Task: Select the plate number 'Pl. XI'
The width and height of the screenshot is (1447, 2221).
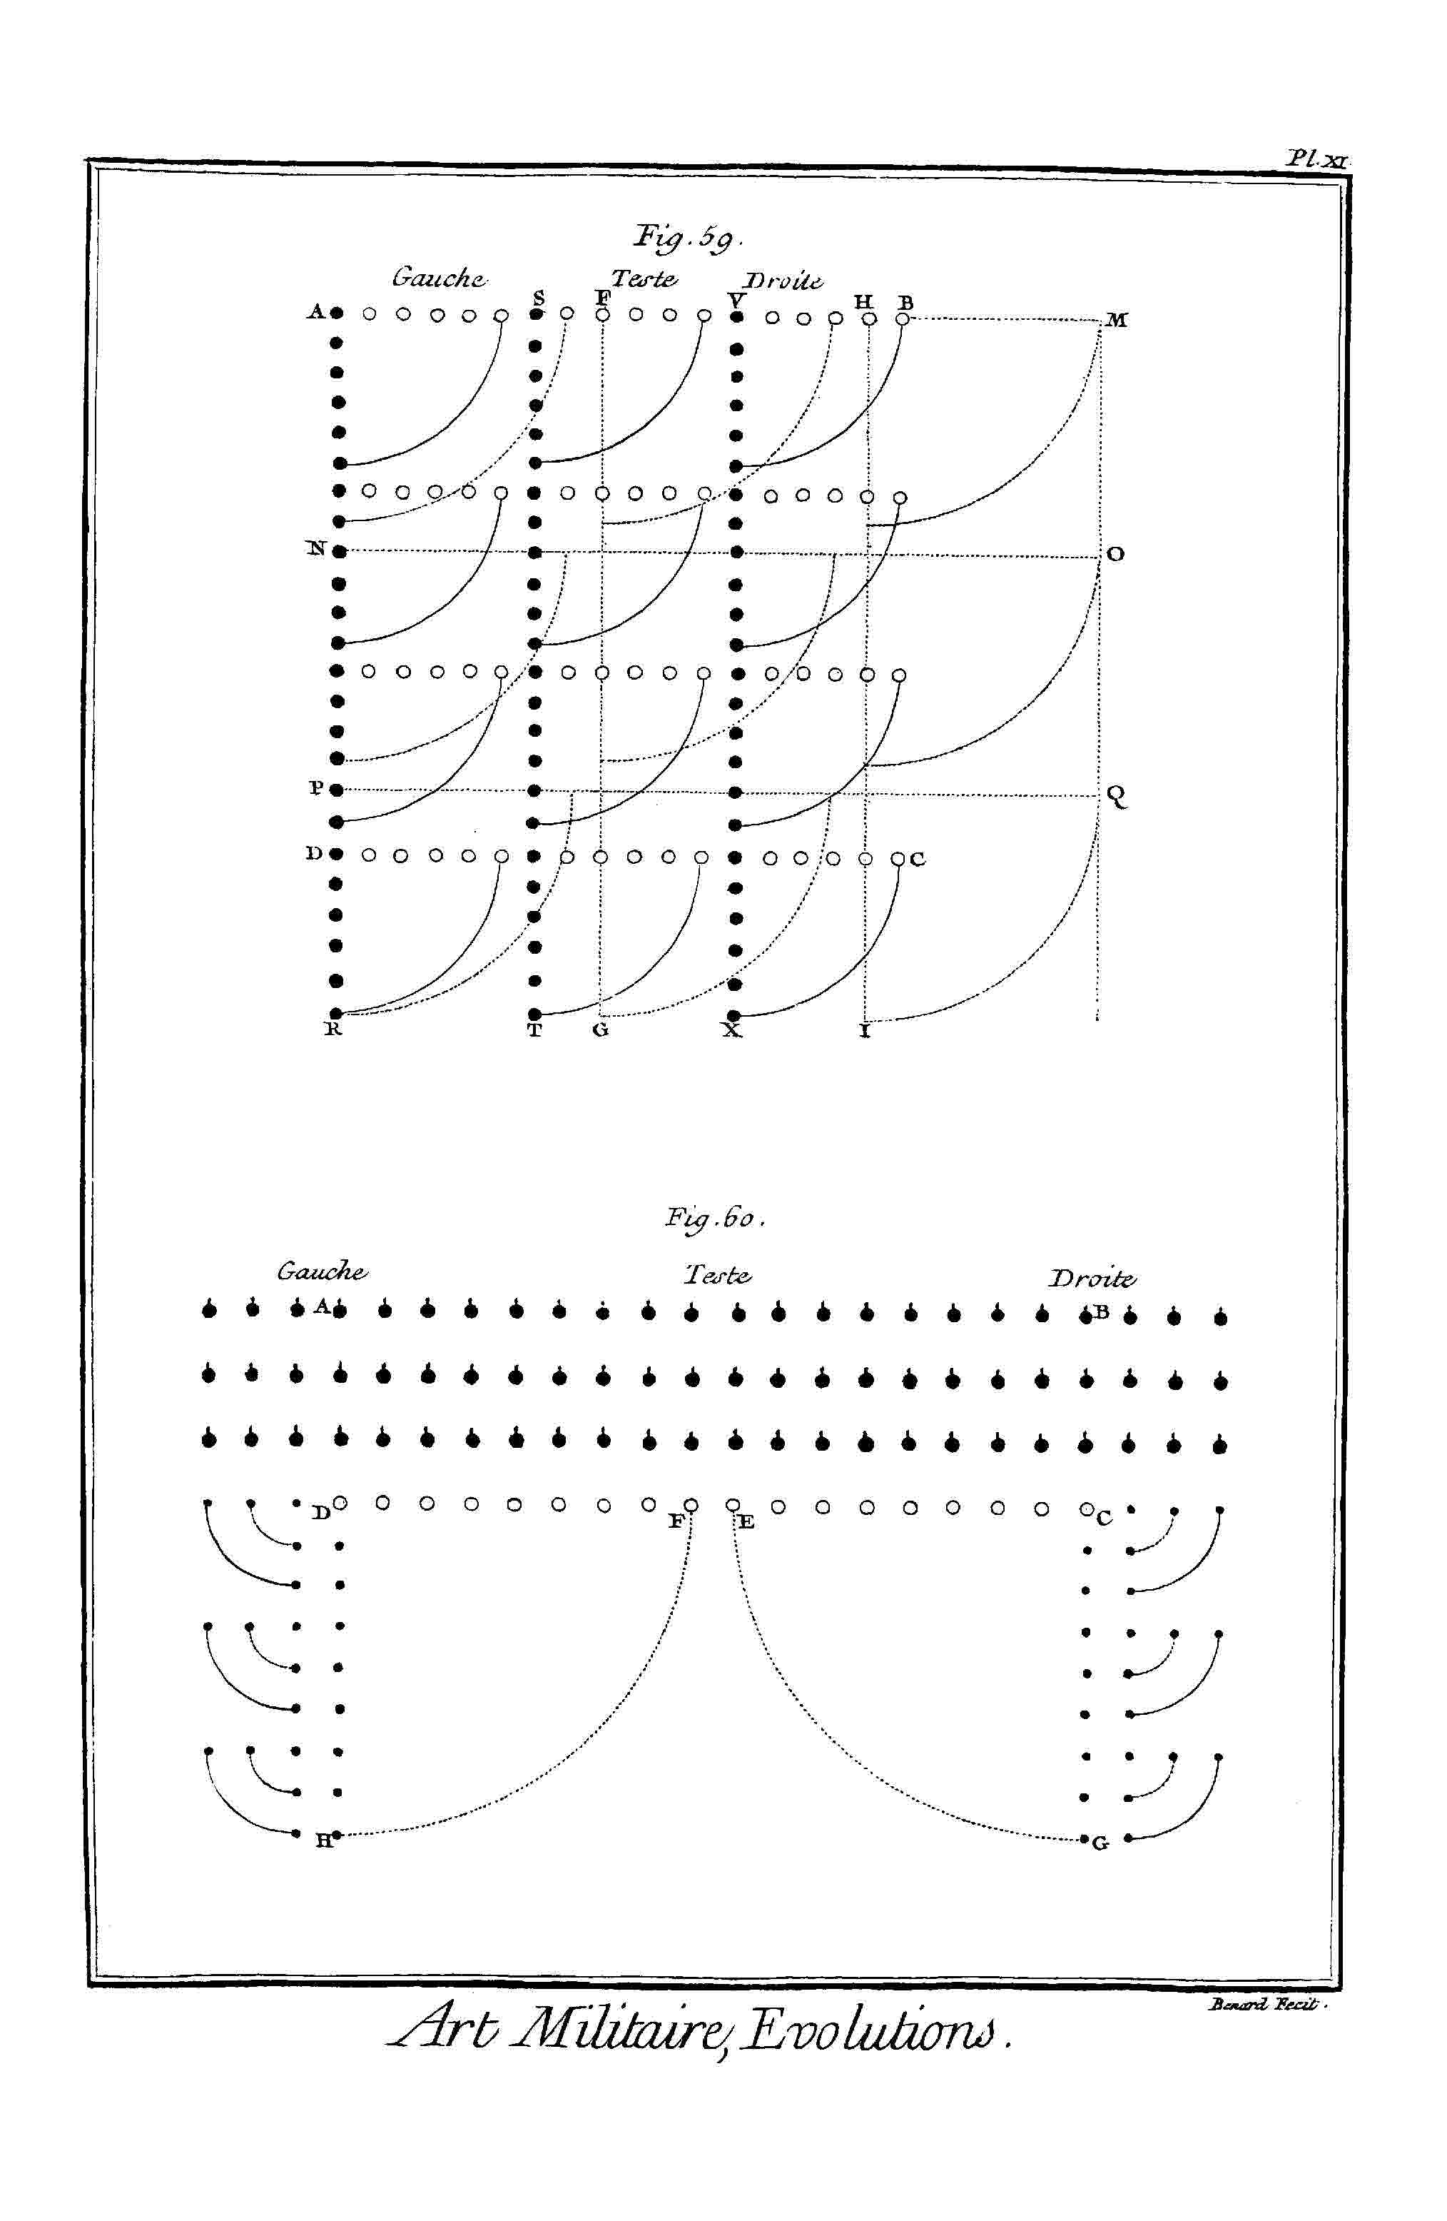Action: click(1316, 158)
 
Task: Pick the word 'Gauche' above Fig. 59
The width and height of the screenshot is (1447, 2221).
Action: click(439, 278)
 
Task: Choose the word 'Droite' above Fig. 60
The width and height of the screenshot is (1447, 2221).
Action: click(1092, 1279)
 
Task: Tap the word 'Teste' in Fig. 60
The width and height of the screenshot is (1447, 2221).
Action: click(718, 1275)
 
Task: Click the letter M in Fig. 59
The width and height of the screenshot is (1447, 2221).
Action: click(1117, 320)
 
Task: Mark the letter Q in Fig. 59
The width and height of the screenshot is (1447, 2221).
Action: click(1117, 796)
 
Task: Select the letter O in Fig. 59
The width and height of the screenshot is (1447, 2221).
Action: click(1116, 554)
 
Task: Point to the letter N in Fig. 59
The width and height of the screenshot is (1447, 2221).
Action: click(316, 549)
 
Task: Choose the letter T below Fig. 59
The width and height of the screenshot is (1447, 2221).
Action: click(534, 1031)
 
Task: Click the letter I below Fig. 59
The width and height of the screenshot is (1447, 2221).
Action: click(865, 1032)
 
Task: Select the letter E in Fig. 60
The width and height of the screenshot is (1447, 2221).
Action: click(746, 1522)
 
